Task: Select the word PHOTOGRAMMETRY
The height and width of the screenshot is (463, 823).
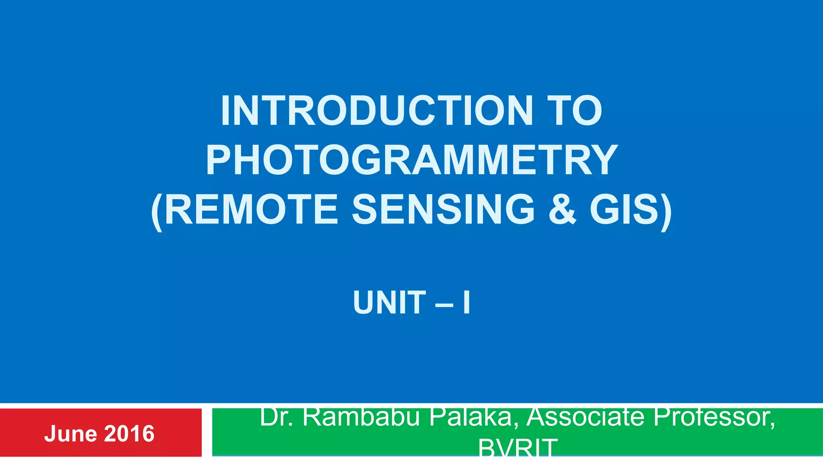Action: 411,160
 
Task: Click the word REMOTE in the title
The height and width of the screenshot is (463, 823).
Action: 251,209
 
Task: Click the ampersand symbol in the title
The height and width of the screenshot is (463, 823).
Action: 562,209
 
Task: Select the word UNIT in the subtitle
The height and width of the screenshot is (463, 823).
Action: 389,302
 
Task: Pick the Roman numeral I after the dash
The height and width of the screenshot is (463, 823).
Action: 466,302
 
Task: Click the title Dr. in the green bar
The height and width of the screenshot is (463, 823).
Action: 277,418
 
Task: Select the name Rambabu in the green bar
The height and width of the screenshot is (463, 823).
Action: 362,418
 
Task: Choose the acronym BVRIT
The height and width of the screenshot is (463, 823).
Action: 518,449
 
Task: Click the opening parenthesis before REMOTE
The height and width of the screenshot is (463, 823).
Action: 157,211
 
